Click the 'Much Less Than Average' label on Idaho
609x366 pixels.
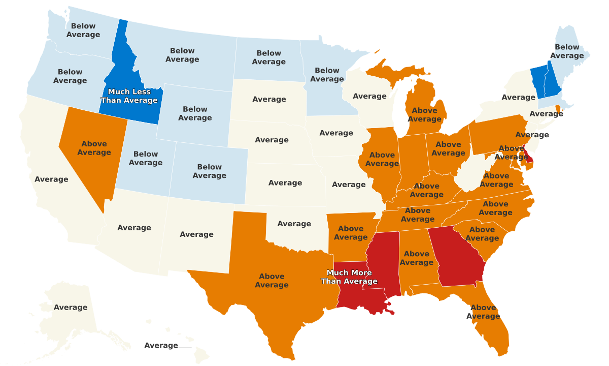pos(129,96)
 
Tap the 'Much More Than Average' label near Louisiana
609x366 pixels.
pos(349,277)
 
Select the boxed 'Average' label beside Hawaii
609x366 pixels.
pos(161,346)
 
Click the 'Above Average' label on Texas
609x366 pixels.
pos(272,281)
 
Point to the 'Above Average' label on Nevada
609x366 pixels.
pos(94,148)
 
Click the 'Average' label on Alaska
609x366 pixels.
pos(71,307)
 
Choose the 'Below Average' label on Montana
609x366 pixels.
pos(182,55)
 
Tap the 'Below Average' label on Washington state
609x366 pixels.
pos(83,30)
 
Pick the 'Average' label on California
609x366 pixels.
pos(51,179)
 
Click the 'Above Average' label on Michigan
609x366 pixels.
pos(425,114)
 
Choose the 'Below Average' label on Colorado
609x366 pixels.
pos(210,171)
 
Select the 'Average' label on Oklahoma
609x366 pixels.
pos(294,224)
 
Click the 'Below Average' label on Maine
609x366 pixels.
pos(567,51)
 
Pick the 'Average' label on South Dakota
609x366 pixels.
pos(269,99)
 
